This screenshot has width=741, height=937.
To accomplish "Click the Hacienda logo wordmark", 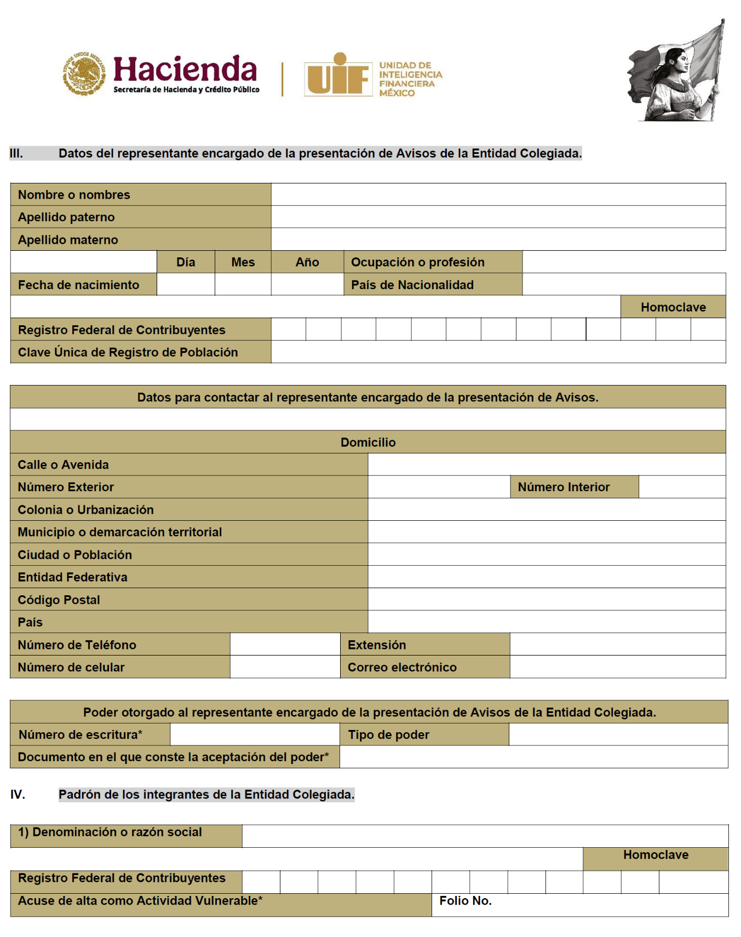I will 185,70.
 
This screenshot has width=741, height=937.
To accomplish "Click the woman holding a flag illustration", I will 677,71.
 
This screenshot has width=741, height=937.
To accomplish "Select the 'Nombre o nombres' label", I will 74,195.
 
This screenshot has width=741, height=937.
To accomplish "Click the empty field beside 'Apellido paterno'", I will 498,217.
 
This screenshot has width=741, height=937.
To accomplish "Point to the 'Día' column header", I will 186,262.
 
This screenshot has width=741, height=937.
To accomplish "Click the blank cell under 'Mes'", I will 243,284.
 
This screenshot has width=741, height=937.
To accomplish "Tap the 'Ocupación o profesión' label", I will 418,262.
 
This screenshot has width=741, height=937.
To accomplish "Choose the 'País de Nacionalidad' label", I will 412,285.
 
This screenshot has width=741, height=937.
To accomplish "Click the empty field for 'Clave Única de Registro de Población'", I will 498,352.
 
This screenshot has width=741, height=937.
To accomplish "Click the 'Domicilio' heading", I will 368,442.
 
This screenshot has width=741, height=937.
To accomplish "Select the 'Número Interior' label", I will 564,487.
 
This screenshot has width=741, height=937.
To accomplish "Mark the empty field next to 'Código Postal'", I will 547,600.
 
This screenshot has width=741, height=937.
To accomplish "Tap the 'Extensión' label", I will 377,645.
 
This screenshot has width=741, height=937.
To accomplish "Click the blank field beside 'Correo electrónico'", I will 617,667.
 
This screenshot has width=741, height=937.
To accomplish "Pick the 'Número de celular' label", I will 71,667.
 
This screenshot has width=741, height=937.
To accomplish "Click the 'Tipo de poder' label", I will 388,734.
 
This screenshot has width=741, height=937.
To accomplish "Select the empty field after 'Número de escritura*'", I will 255,734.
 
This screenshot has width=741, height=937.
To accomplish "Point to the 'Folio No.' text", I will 466,901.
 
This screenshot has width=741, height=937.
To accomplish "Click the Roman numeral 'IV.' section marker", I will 18,795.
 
